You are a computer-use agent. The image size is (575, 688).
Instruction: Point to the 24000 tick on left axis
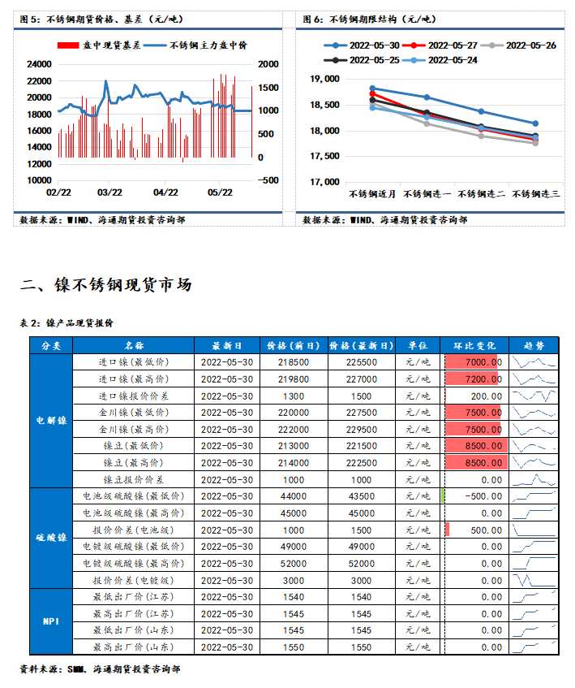tap(39, 63)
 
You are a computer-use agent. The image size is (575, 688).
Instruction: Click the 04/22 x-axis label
tap(165, 193)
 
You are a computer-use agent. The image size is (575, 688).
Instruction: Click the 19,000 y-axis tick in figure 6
tap(324, 79)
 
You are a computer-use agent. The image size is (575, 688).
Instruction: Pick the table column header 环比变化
tap(475, 345)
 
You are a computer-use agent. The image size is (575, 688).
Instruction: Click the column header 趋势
tap(534, 345)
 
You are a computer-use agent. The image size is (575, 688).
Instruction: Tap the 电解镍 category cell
tap(50, 421)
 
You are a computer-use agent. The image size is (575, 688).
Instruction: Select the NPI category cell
tap(50, 621)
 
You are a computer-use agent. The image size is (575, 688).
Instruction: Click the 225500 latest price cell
tap(362, 362)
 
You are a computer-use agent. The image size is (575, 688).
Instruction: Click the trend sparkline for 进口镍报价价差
tap(534, 396)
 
